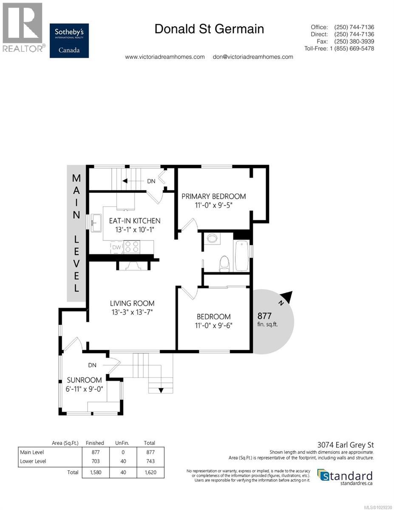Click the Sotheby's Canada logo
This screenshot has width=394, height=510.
[x=69, y=40]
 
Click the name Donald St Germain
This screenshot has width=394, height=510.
[x=209, y=29]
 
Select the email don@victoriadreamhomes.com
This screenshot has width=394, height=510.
[x=252, y=57]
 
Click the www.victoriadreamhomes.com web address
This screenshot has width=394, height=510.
[x=165, y=57]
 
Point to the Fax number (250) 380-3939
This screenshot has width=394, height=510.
[x=354, y=41]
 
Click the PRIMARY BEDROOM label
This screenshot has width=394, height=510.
[x=213, y=196]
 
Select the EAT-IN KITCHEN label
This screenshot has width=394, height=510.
[x=134, y=221]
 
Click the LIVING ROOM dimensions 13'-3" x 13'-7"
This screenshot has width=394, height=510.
[x=132, y=312]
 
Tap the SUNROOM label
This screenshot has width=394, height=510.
[x=84, y=380]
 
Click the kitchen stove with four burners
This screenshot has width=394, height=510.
[x=132, y=247]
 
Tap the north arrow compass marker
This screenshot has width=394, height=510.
[x=286, y=297]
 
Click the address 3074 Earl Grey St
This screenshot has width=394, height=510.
[x=348, y=445]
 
